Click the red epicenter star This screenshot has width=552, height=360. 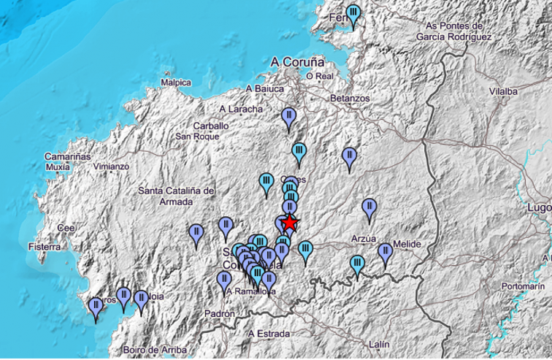coord(290,222)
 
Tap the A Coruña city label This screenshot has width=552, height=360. coord(297,62)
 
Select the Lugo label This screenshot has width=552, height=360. coord(540,207)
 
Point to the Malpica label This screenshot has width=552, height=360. coord(175,83)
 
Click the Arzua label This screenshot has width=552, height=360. coord(363,238)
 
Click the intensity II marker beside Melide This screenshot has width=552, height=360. coord(386,253)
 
